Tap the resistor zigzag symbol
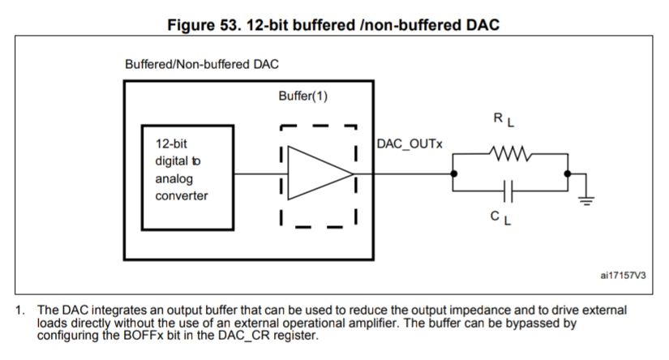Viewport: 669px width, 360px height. [508, 152]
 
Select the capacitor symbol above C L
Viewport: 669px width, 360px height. [509, 192]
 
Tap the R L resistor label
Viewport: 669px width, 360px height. [504, 120]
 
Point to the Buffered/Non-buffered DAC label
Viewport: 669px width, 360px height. [198, 64]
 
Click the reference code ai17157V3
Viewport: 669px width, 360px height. [624, 276]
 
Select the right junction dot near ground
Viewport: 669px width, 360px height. [568, 174]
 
